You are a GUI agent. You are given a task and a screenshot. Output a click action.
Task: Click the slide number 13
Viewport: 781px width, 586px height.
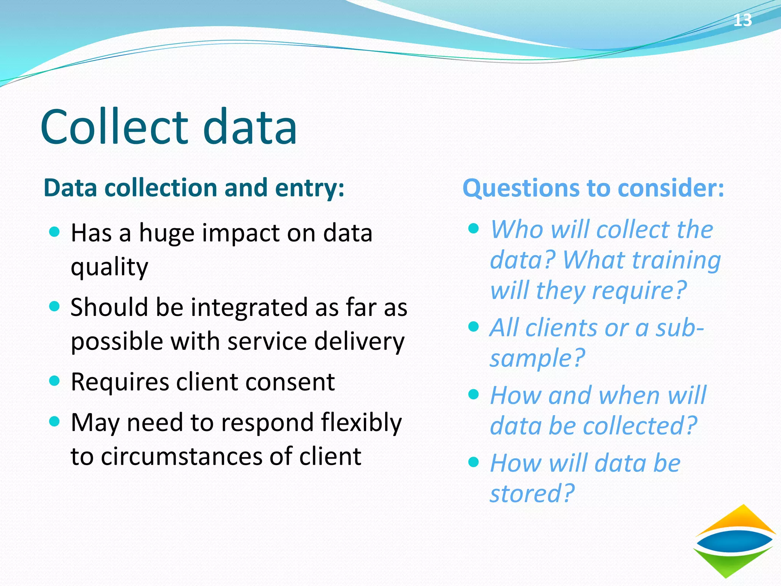[742, 20]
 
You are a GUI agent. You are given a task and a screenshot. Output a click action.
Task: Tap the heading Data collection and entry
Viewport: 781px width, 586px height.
[194, 188]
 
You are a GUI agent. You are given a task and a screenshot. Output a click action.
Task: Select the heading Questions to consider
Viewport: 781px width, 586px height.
[593, 188]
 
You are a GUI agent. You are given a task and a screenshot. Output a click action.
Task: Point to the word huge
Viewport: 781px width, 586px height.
[167, 233]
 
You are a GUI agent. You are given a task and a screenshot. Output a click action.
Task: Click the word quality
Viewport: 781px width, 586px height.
[109, 267]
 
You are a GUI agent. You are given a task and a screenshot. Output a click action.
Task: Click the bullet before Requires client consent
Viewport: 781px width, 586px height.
[55, 380]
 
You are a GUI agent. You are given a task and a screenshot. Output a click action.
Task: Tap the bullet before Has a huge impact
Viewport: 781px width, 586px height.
[55, 231]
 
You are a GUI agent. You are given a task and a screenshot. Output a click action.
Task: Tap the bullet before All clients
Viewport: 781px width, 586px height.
[473, 326]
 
